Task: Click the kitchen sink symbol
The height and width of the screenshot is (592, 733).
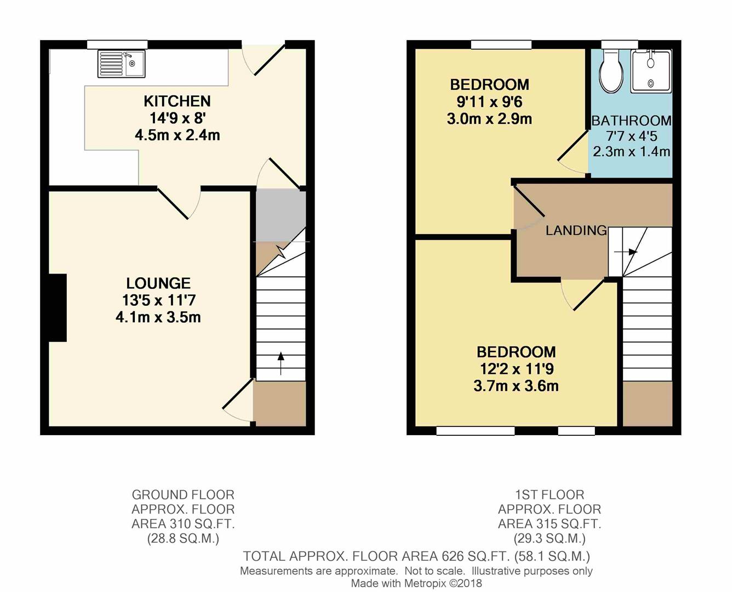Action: [121, 64]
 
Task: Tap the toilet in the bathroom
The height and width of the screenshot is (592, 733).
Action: [610, 72]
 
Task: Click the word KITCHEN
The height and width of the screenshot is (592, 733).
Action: [177, 101]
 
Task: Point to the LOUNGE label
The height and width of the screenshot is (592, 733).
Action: [158, 283]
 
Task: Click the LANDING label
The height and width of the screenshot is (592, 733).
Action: [576, 230]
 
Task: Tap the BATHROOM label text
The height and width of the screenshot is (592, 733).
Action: [631, 121]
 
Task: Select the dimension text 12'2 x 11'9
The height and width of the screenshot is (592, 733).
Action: [516, 369]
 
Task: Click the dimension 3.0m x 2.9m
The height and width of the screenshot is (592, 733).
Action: [489, 119]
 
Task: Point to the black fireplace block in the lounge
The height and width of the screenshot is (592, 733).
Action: [58, 308]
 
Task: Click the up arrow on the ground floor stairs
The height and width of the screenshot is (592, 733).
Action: [281, 363]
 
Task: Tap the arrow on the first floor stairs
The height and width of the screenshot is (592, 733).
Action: [626, 252]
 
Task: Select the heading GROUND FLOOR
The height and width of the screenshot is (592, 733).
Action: [183, 494]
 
